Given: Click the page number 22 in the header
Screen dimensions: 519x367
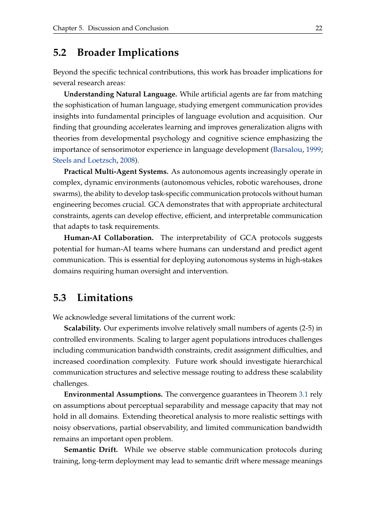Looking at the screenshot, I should tap(319, 28).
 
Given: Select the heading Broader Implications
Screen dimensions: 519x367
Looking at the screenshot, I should tap(128, 53).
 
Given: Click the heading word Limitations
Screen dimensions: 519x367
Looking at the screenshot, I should tap(105, 298).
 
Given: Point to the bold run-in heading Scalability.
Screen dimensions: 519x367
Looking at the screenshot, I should tap(83, 328).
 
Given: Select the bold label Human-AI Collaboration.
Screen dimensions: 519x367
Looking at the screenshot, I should tap(109, 238).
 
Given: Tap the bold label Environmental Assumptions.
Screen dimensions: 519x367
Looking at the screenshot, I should tap(113, 394).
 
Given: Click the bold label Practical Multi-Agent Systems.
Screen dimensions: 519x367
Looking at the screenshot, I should tap(116, 172).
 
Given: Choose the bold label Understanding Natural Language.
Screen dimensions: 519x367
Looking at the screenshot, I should tap(121, 94).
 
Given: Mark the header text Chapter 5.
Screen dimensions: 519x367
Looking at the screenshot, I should tap(68, 28).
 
